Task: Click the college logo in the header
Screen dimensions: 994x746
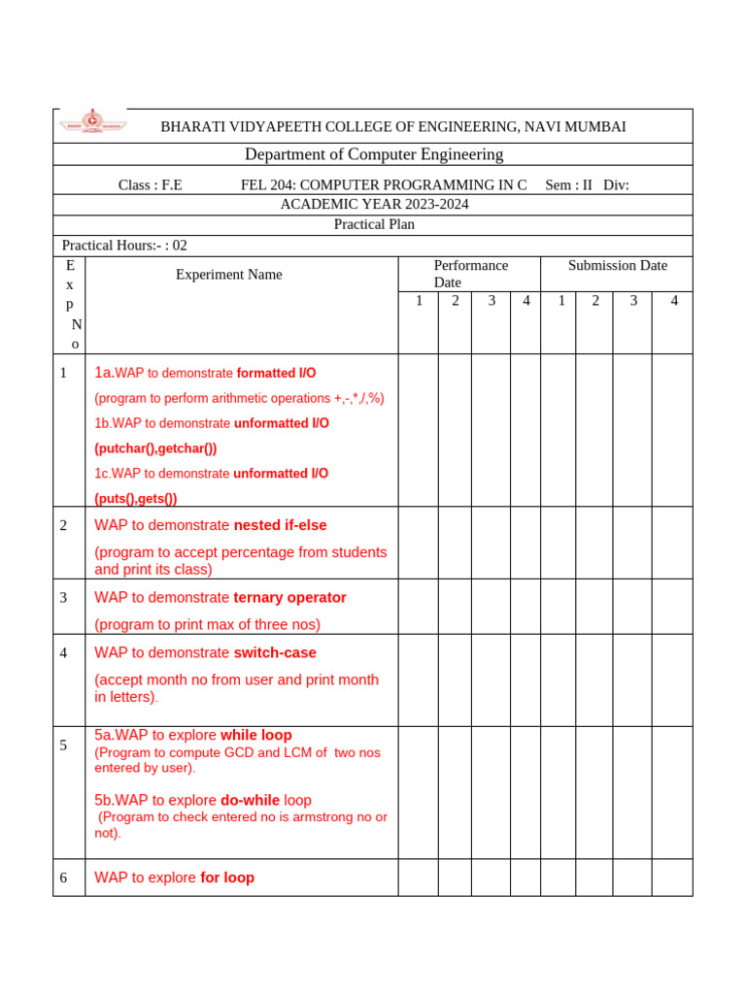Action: pos(92,122)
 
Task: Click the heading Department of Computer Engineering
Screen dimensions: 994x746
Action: pos(373,154)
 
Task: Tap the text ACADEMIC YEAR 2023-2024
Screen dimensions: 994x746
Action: pos(374,204)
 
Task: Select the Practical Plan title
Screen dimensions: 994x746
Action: pos(374,224)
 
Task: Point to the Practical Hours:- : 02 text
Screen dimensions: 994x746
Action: pos(124,246)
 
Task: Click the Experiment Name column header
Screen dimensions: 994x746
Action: pos(228,275)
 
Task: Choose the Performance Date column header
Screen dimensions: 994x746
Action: pos(470,274)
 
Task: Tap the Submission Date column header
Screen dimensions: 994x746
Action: pos(617,265)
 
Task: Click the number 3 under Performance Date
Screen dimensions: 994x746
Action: pos(492,301)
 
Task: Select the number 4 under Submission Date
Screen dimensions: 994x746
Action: pos(673,301)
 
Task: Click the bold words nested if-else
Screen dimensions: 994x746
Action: pos(280,525)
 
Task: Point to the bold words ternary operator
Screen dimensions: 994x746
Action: pos(289,598)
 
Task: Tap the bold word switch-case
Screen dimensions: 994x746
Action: pos(275,653)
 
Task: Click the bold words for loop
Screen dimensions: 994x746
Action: pos(227,878)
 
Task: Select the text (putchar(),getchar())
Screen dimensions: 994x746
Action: pos(155,448)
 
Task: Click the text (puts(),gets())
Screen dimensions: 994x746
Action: pos(135,498)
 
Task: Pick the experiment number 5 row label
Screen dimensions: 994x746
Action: pos(63,745)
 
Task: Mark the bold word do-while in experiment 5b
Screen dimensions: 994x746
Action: pos(250,801)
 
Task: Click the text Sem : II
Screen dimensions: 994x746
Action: pos(568,185)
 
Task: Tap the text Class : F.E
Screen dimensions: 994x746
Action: pos(150,185)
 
